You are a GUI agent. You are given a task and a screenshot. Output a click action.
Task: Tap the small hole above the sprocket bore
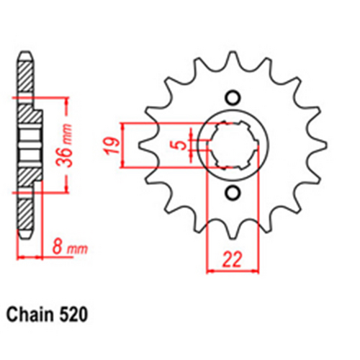[x=232, y=97]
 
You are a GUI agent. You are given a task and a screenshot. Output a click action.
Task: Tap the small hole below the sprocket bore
[x=232, y=192]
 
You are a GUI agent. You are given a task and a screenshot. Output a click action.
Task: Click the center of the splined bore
[x=232, y=144]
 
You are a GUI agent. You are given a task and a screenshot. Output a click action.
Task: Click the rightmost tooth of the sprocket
[x=321, y=144]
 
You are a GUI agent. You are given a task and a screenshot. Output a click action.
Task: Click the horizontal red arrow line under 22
[x=231, y=272]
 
